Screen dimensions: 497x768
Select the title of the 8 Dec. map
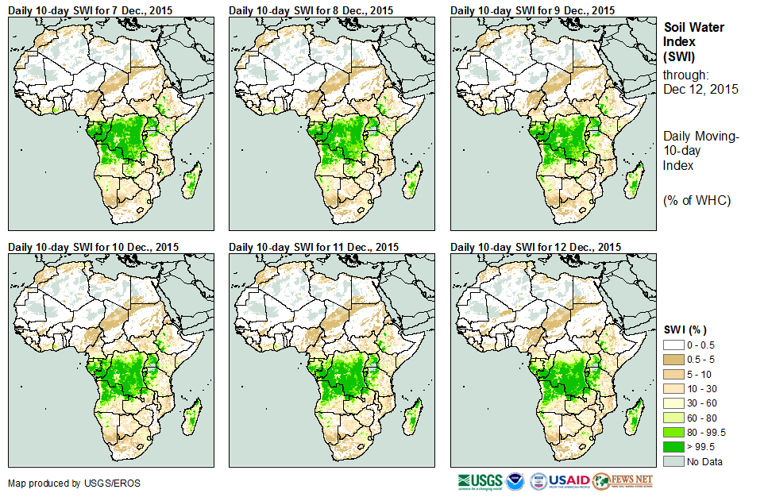[311, 10]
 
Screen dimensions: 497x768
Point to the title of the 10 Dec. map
[93, 247]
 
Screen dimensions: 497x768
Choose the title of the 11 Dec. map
[314, 247]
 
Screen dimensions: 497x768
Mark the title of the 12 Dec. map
[535, 247]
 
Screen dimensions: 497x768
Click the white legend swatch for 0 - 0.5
[673, 345]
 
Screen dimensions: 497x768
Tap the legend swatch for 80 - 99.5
[673, 432]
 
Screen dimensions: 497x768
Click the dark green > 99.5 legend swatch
[673, 447]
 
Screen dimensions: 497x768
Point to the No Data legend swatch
[673, 461]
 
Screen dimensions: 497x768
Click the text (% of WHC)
[697, 200]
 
